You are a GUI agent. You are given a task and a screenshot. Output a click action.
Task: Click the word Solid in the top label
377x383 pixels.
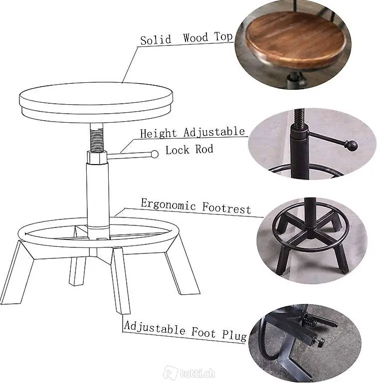click(x=156, y=40)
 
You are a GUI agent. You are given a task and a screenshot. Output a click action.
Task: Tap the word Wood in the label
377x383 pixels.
click(x=196, y=38)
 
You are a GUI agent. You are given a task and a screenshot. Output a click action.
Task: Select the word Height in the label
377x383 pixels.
click(x=158, y=133)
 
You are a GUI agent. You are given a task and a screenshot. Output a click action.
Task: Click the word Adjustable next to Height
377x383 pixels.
click(x=214, y=132)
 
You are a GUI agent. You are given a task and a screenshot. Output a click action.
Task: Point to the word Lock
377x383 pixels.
click(x=177, y=150)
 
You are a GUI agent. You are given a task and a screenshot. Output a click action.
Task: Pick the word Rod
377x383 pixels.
click(x=204, y=149)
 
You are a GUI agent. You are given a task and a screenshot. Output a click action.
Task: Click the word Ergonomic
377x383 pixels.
click(x=168, y=204)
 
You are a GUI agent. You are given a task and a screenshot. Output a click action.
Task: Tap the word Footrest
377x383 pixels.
click(x=226, y=209)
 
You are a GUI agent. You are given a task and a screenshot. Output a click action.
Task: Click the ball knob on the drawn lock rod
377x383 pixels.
click(x=155, y=154)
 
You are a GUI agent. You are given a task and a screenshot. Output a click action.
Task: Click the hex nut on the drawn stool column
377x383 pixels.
click(x=97, y=158)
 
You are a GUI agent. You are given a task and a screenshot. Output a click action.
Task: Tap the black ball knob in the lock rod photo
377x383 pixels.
click(x=352, y=145)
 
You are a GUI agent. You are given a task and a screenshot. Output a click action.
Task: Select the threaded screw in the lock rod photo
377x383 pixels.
click(x=299, y=118)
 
